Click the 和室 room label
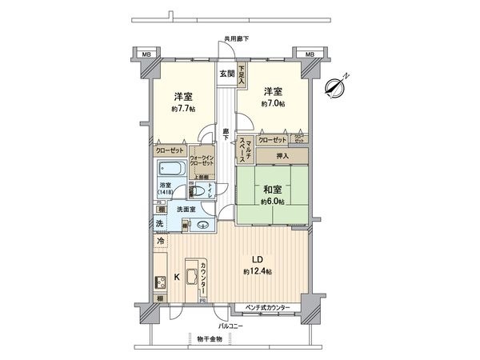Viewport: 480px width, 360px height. pyautogui.click(x=272, y=190)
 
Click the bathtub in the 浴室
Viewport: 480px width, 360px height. pyautogui.click(x=170, y=169)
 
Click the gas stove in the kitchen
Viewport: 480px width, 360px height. pyautogui.click(x=159, y=282)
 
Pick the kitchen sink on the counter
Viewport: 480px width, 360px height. pyautogui.click(x=191, y=278)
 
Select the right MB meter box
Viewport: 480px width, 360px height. pyautogui.click(x=306, y=54)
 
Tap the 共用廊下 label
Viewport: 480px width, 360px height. pyautogui.click(x=236, y=38)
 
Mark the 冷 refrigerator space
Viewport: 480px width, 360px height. pyautogui.click(x=162, y=240)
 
